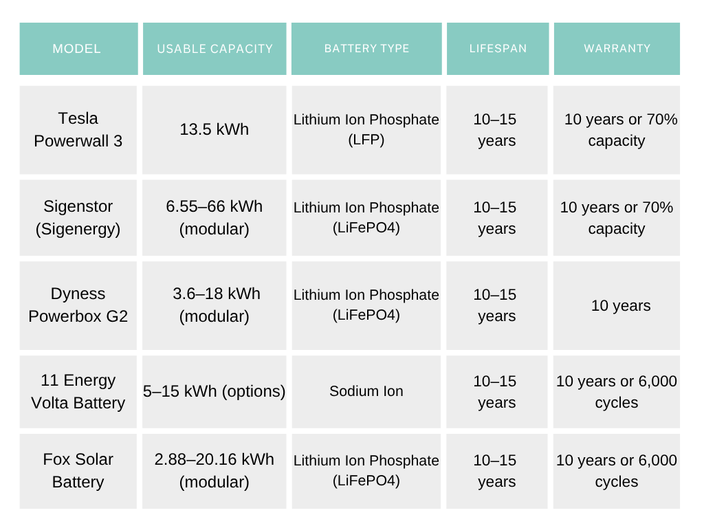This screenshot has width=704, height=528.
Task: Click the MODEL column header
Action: click(77, 49)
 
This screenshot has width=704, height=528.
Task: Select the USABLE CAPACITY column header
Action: click(214, 49)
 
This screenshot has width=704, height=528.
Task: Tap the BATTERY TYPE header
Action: click(366, 49)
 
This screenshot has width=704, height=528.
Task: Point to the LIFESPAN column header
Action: click(498, 49)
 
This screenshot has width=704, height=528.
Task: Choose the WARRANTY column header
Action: click(617, 49)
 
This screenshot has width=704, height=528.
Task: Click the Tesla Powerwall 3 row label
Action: click(78, 129)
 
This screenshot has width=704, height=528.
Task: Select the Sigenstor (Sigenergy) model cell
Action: click(78, 217)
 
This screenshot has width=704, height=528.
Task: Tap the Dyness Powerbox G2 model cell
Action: click(78, 305)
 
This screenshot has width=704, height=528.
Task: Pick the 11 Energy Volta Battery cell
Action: click(78, 391)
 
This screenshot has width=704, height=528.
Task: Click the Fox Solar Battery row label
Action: click(78, 470)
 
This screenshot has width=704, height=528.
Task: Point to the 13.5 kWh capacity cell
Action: click(214, 129)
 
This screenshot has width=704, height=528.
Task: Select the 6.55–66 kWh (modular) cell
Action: click(214, 217)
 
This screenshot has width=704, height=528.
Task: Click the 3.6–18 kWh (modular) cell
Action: click(214, 305)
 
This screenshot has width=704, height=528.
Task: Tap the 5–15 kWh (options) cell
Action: click(214, 391)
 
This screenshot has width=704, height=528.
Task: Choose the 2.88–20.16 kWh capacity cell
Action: click(214, 470)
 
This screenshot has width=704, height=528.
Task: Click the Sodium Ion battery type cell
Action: click(366, 391)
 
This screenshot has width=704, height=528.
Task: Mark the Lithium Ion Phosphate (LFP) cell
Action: click(366, 129)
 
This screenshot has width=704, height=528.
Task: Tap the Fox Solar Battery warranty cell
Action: click(617, 470)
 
